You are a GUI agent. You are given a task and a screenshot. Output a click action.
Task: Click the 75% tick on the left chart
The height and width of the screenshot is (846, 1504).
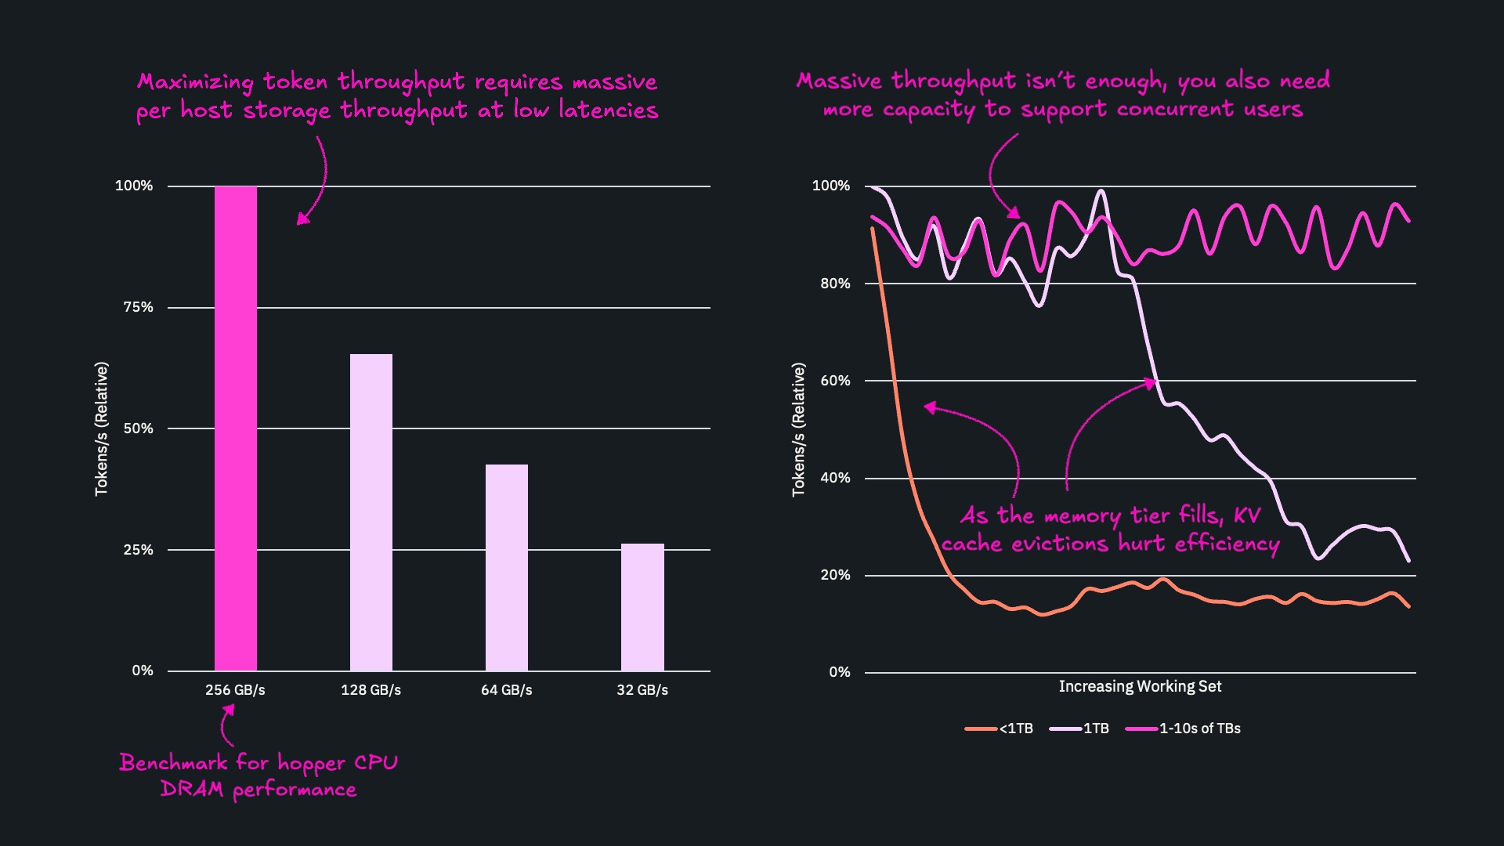pyautogui.click(x=138, y=307)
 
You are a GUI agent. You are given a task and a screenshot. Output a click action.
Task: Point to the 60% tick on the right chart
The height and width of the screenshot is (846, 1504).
pyautogui.click(x=835, y=381)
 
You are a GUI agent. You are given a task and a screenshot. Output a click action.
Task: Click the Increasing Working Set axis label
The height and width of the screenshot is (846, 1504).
pyautogui.click(x=1140, y=686)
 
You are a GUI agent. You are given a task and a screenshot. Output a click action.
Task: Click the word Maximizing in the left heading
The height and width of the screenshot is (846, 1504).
pyautogui.click(x=195, y=82)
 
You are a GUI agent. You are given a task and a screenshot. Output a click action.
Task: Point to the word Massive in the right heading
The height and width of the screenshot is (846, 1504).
pyautogui.click(x=839, y=81)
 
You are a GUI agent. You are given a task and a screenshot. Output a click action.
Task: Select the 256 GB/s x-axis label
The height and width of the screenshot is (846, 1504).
pyautogui.click(x=235, y=690)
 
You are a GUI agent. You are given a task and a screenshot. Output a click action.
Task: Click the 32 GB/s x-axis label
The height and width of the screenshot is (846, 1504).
pyautogui.click(x=642, y=690)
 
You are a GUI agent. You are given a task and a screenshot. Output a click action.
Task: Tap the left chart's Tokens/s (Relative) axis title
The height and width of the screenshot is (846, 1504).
pyautogui.click(x=101, y=428)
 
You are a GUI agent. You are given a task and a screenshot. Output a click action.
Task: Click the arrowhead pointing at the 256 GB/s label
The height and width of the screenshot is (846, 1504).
pyautogui.click(x=229, y=710)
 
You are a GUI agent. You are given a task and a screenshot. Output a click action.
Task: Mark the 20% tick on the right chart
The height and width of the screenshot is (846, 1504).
pyautogui.click(x=835, y=575)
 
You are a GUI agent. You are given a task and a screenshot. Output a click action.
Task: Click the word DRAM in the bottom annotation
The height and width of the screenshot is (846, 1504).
pyautogui.click(x=191, y=789)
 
